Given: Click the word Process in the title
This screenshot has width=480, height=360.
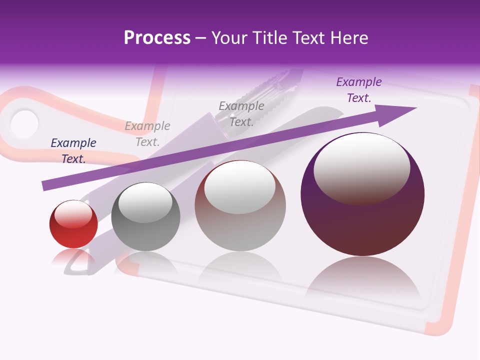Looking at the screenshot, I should point(157,38).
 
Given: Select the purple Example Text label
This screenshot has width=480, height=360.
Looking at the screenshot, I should point(359,90).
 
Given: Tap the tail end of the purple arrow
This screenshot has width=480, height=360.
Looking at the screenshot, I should point(46,185).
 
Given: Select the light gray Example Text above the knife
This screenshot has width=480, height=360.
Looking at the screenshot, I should point(147,134).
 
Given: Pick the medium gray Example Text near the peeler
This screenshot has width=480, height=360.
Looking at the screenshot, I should point(241,113).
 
